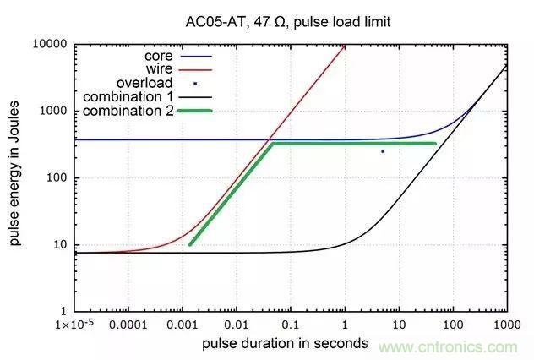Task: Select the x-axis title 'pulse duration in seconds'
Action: coord(286,343)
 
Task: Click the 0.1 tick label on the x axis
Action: coord(291,325)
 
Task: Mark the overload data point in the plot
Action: coord(383,151)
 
